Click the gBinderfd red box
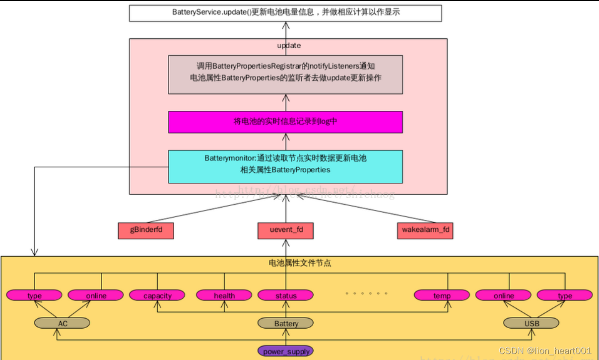coord(146,231)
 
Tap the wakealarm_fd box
coord(425,231)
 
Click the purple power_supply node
coord(285,351)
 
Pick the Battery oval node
coord(285,323)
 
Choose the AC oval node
coord(62,323)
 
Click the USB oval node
coord(531,323)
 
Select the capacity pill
coord(157,295)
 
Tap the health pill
coord(224,295)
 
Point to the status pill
coord(285,295)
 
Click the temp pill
coord(442,295)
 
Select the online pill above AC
coord(96,295)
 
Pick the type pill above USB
coord(565,295)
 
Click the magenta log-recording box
coord(285,122)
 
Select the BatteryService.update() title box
coord(285,12)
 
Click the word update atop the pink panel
coord(289,45)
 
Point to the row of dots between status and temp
coord(366,293)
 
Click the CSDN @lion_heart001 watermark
coord(545,351)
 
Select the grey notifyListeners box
coord(285,74)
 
